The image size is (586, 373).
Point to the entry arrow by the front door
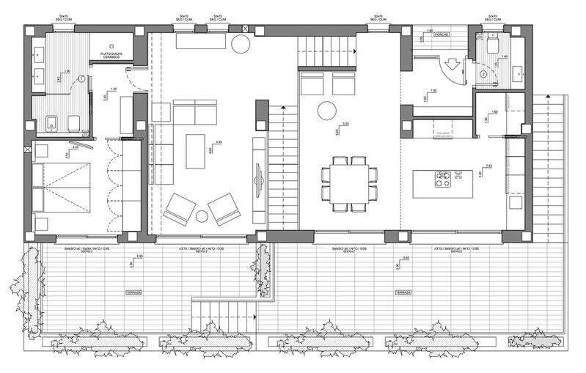point(453,65)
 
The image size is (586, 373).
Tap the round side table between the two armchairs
point(202,216)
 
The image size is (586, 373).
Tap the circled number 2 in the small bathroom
point(483,73)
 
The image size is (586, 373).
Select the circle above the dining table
point(326,111)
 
